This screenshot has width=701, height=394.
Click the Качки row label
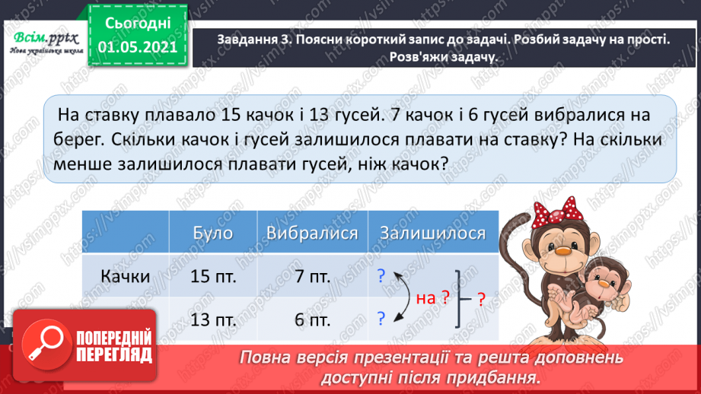(124, 276)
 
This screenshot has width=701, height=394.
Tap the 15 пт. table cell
(213, 277)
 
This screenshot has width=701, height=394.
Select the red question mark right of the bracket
(480, 299)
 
